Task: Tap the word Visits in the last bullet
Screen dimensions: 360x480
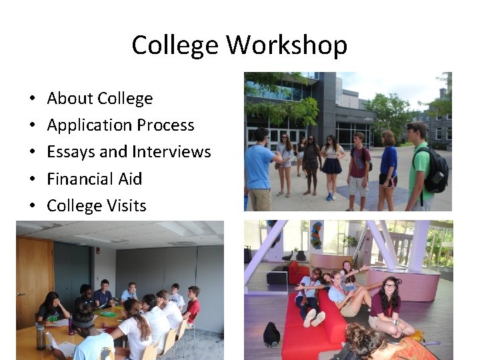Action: [123, 205]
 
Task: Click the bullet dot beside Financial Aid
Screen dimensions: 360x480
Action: [32, 179]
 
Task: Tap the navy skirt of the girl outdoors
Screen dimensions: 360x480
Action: [333, 165]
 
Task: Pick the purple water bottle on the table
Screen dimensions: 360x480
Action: [71, 325]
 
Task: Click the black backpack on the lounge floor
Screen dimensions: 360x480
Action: [272, 333]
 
